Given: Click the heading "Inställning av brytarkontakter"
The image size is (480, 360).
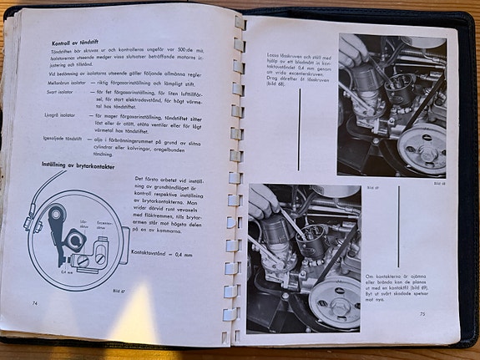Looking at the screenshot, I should click(x=80, y=165).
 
